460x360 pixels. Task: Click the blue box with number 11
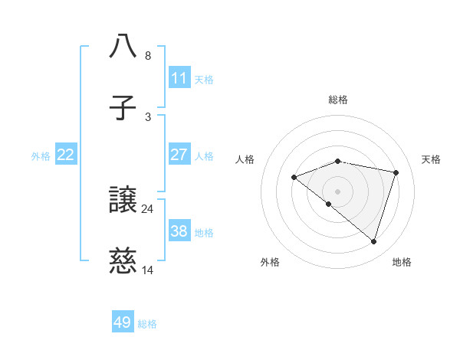pos(179,77)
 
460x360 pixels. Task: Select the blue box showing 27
pos(179,154)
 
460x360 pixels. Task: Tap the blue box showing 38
pos(179,231)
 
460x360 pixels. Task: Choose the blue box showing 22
pos(66,155)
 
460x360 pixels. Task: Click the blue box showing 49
pos(123,322)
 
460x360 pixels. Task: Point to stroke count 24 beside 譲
pos(147,208)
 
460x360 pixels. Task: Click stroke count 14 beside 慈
pos(147,270)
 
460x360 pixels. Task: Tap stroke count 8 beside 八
pos(147,55)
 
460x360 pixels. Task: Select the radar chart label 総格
pos(338,100)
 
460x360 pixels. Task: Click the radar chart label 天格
pos(431,159)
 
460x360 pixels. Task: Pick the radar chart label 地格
pos(402,262)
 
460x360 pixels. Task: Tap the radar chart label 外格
pos(270,262)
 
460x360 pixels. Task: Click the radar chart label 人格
pos(245,159)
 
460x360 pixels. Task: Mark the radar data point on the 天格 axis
pos(396,172)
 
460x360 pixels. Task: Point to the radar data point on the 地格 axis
pos(373,241)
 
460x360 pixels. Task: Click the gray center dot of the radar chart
pos(337,191)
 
